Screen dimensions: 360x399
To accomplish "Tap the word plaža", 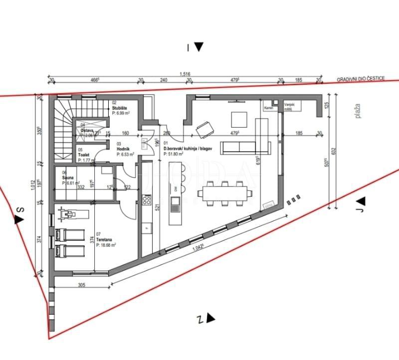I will point(357,111).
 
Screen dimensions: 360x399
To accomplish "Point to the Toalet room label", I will point(83,155).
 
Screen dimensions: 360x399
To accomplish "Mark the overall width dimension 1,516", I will point(185,74).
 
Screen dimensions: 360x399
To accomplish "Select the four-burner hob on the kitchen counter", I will point(147,200).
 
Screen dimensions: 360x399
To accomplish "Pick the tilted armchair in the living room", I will point(203,130).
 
